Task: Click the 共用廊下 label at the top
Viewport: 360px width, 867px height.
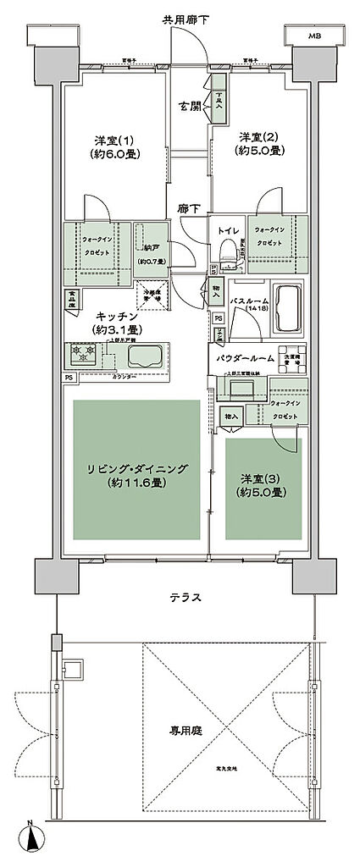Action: pyautogui.click(x=180, y=18)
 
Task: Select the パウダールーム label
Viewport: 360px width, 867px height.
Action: pyautogui.click(x=246, y=359)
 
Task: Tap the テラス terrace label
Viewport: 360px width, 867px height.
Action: pyautogui.click(x=184, y=597)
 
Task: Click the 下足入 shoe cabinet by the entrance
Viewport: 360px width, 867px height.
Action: pyautogui.click(x=218, y=99)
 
